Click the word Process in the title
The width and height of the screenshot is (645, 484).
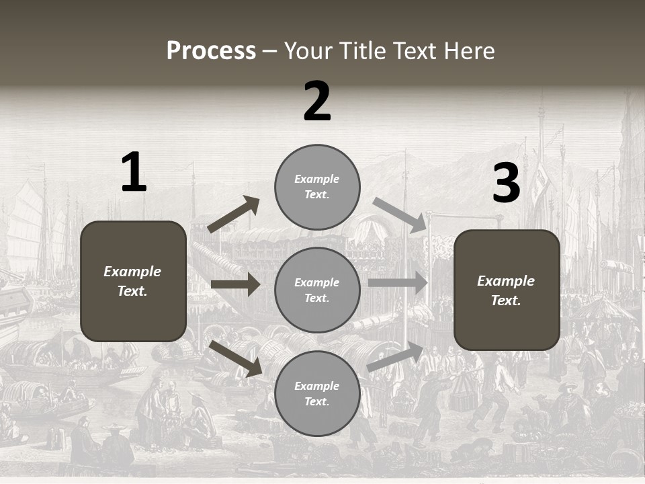[x=211, y=51]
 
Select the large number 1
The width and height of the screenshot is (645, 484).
[x=134, y=173]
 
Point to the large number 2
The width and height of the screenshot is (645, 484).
[x=317, y=102]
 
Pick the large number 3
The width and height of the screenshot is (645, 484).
[x=506, y=184]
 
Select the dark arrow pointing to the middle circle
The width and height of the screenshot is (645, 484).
[x=235, y=284]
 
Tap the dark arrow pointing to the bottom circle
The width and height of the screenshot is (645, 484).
[x=236, y=358]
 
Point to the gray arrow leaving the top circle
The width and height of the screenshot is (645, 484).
[x=400, y=215]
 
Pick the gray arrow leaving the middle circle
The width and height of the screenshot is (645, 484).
[x=398, y=283]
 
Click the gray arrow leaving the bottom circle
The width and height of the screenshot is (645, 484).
[x=396, y=357]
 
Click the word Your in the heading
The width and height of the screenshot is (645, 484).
[x=309, y=51]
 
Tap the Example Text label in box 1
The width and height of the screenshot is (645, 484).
[x=132, y=281]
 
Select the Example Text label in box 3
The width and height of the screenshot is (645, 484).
[x=506, y=290]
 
